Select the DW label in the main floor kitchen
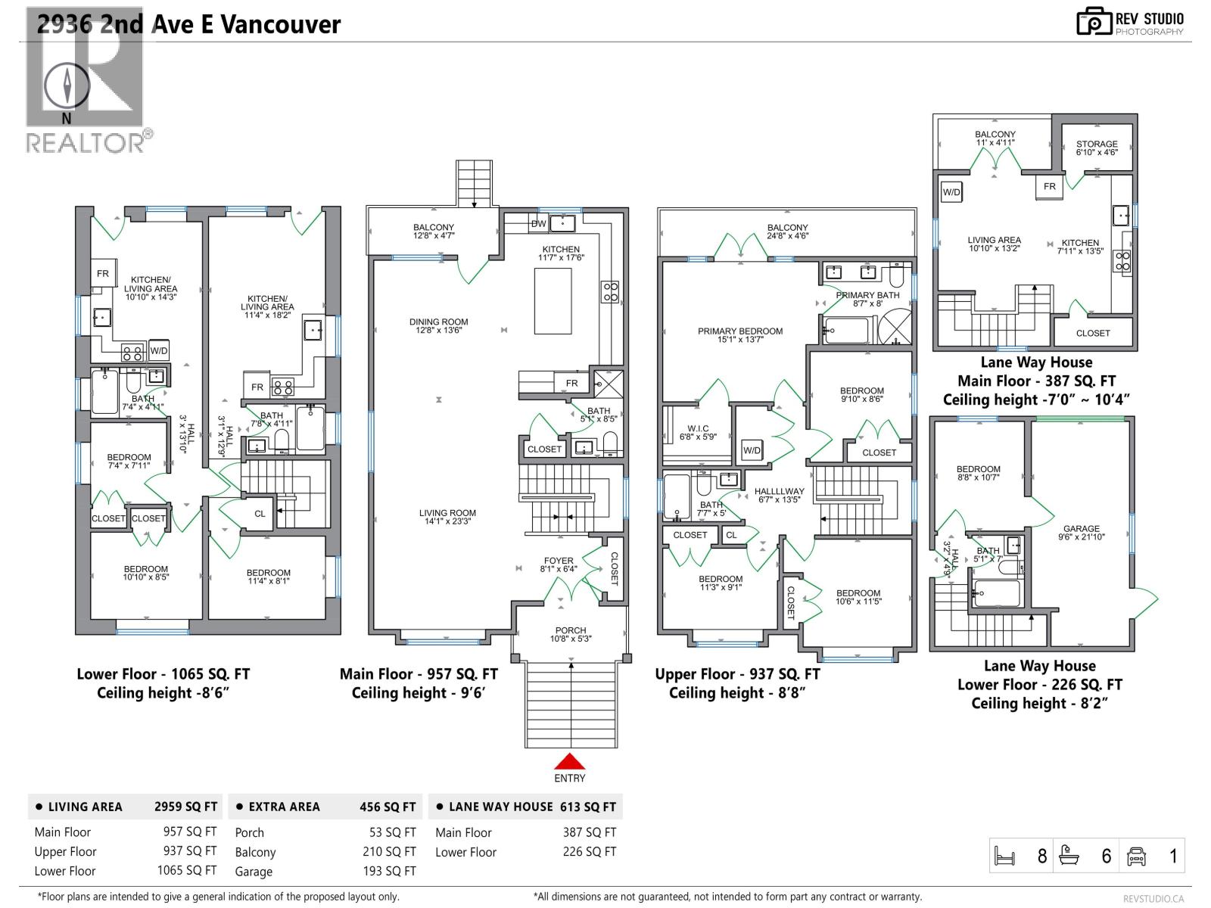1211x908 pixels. click(x=538, y=224)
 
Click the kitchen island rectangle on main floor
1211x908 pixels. click(x=553, y=301)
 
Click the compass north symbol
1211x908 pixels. click(x=67, y=85)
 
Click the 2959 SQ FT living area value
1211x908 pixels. click(x=185, y=807)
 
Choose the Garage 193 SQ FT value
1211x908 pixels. click(x=389, y=871)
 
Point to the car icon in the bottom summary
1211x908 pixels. click(x=1136, y=856)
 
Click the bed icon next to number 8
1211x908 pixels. click(x=1004, y=856)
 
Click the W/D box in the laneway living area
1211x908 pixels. click(x=951, y=192)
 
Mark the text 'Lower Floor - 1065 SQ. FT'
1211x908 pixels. click(x=163, y=674)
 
